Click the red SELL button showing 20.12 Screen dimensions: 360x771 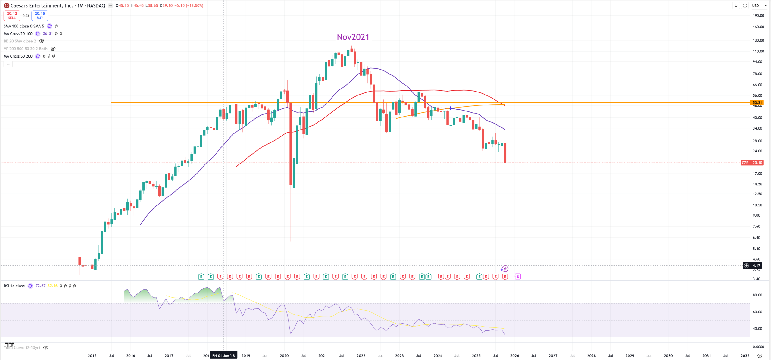click(12, 15)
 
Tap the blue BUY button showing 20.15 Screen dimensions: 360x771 click(40, 15)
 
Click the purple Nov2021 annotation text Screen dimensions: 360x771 click(353, 37)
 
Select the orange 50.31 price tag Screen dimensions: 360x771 click(757, 103)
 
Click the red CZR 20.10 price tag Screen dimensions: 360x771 click(752, 163)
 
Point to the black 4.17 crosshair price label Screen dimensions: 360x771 click(756, 265)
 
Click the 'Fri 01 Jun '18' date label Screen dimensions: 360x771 click(223, 355)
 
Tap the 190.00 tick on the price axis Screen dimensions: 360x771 click(758, 16)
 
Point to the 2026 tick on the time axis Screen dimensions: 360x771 click(514, 355)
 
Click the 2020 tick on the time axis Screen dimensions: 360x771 click(284, 355)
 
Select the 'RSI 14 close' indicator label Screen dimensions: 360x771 click(14, 286)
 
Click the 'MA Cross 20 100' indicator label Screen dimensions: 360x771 click(18, 34)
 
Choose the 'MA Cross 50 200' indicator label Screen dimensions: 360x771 click(18, 56)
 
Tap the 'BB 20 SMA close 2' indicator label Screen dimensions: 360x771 click(20, 41)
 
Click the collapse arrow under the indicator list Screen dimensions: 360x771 click(8, 64)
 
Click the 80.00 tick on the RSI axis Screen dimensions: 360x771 click(757, 295)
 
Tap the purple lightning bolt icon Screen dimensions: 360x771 click(505, 269)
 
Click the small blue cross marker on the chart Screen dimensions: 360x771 click(450, 108)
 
